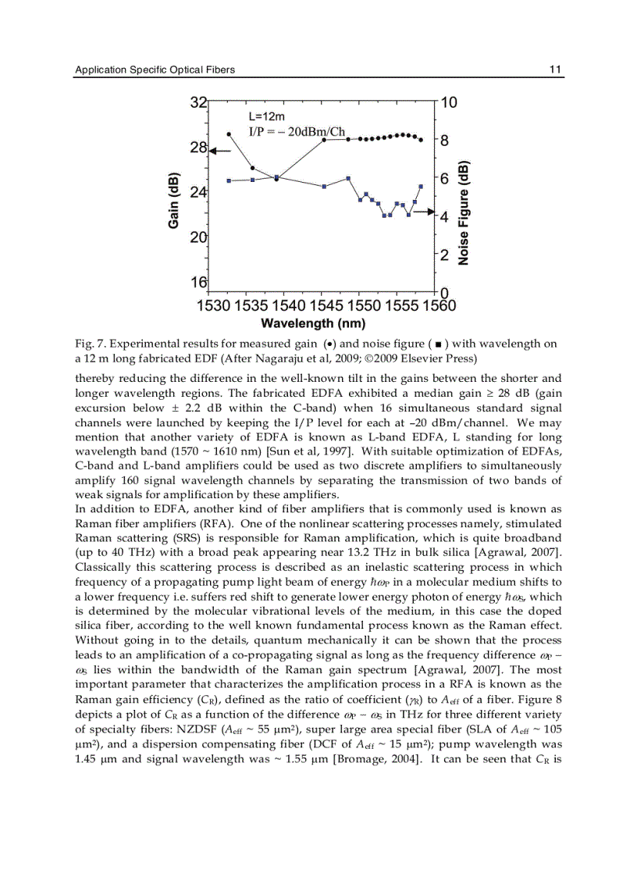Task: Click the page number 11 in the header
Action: coord(556,70)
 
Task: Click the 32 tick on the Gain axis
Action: coord(199,102)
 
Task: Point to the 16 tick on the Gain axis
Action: coord(199,282)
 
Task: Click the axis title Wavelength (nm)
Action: coord(313,323)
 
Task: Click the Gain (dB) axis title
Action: coord(174,200)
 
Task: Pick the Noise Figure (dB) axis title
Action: coord(464,213)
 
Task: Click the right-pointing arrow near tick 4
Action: coord(422,212)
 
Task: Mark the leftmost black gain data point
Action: coord(229,134)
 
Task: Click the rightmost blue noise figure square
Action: coord(421,186)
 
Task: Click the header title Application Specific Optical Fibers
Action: coord(155,70)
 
